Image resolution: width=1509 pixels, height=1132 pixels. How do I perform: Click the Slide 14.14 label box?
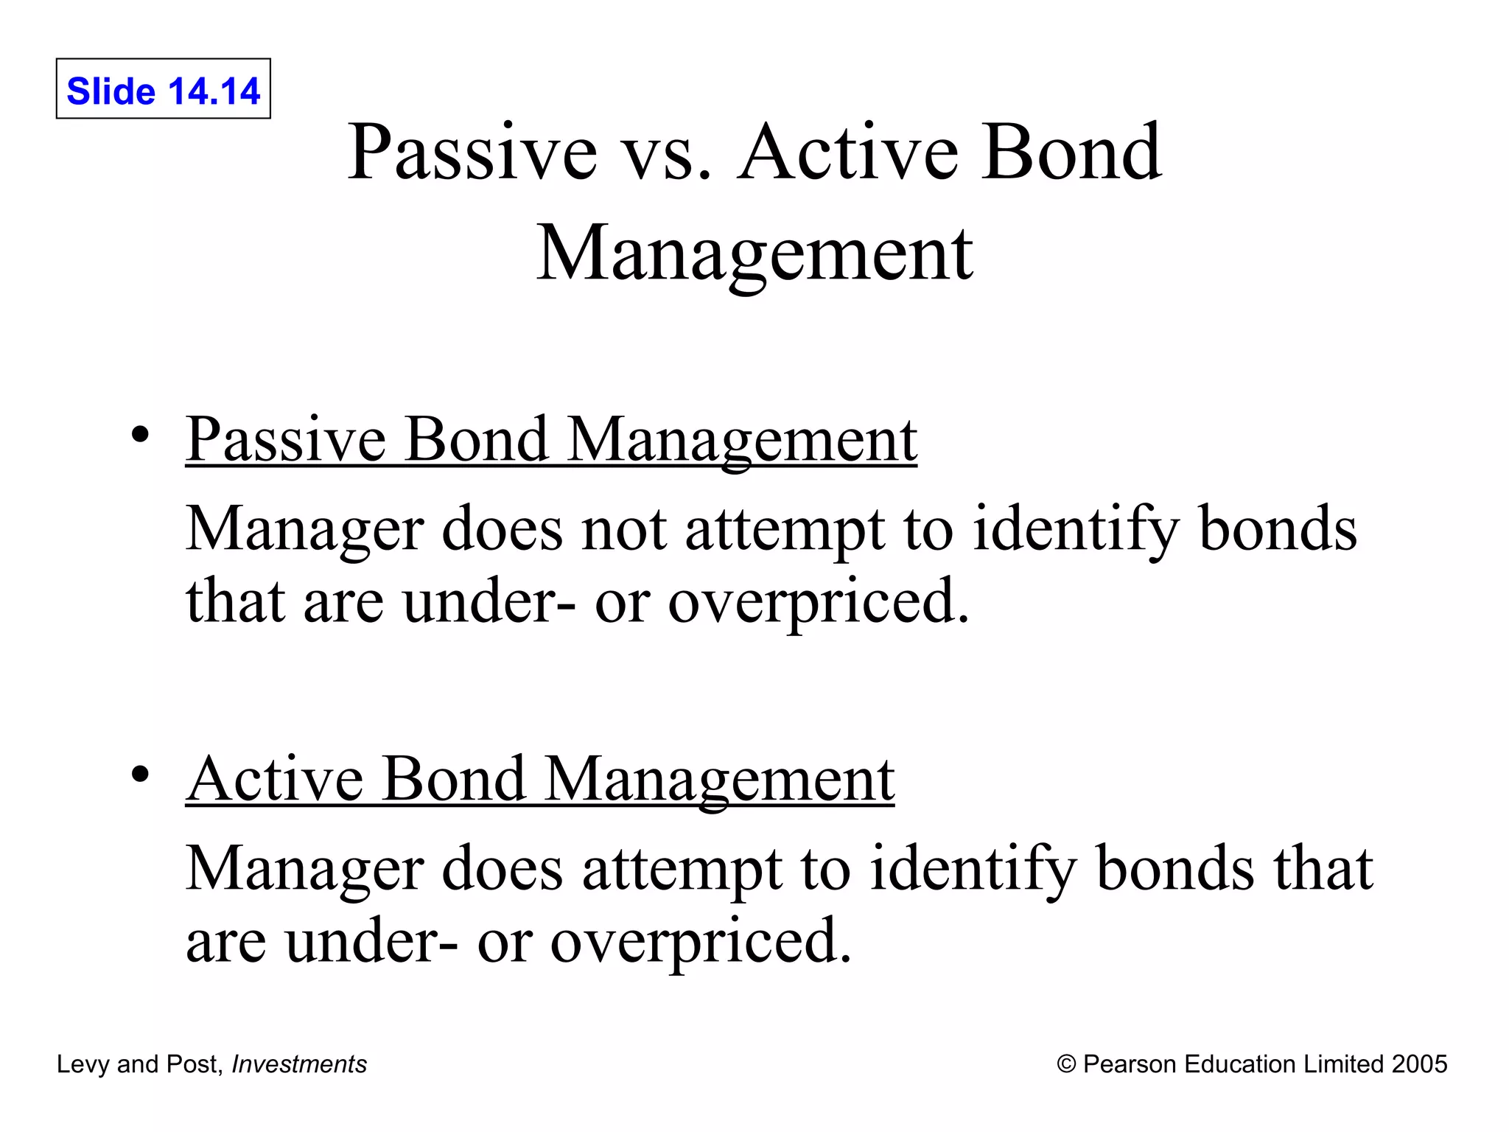[163, 89]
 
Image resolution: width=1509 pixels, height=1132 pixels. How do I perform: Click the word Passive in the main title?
[472, 152]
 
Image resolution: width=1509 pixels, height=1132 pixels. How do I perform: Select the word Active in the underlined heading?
[274, 779]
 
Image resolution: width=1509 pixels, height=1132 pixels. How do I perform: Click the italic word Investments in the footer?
[299, 1064]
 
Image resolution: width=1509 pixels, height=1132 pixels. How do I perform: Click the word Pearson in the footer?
[1130, 1064]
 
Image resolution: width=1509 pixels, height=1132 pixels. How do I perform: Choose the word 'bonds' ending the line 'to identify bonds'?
[1278, 529]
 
